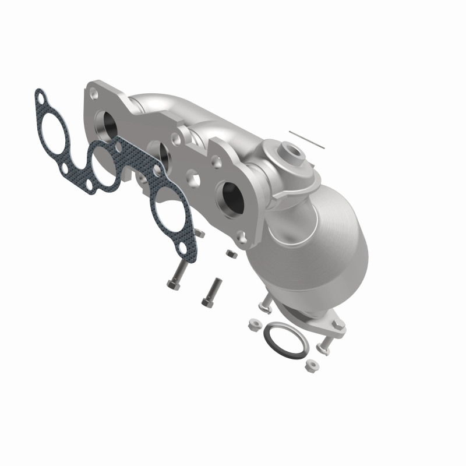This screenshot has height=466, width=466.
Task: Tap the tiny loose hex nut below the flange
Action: point(230,254)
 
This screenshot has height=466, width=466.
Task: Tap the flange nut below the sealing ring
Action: point(309,368)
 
